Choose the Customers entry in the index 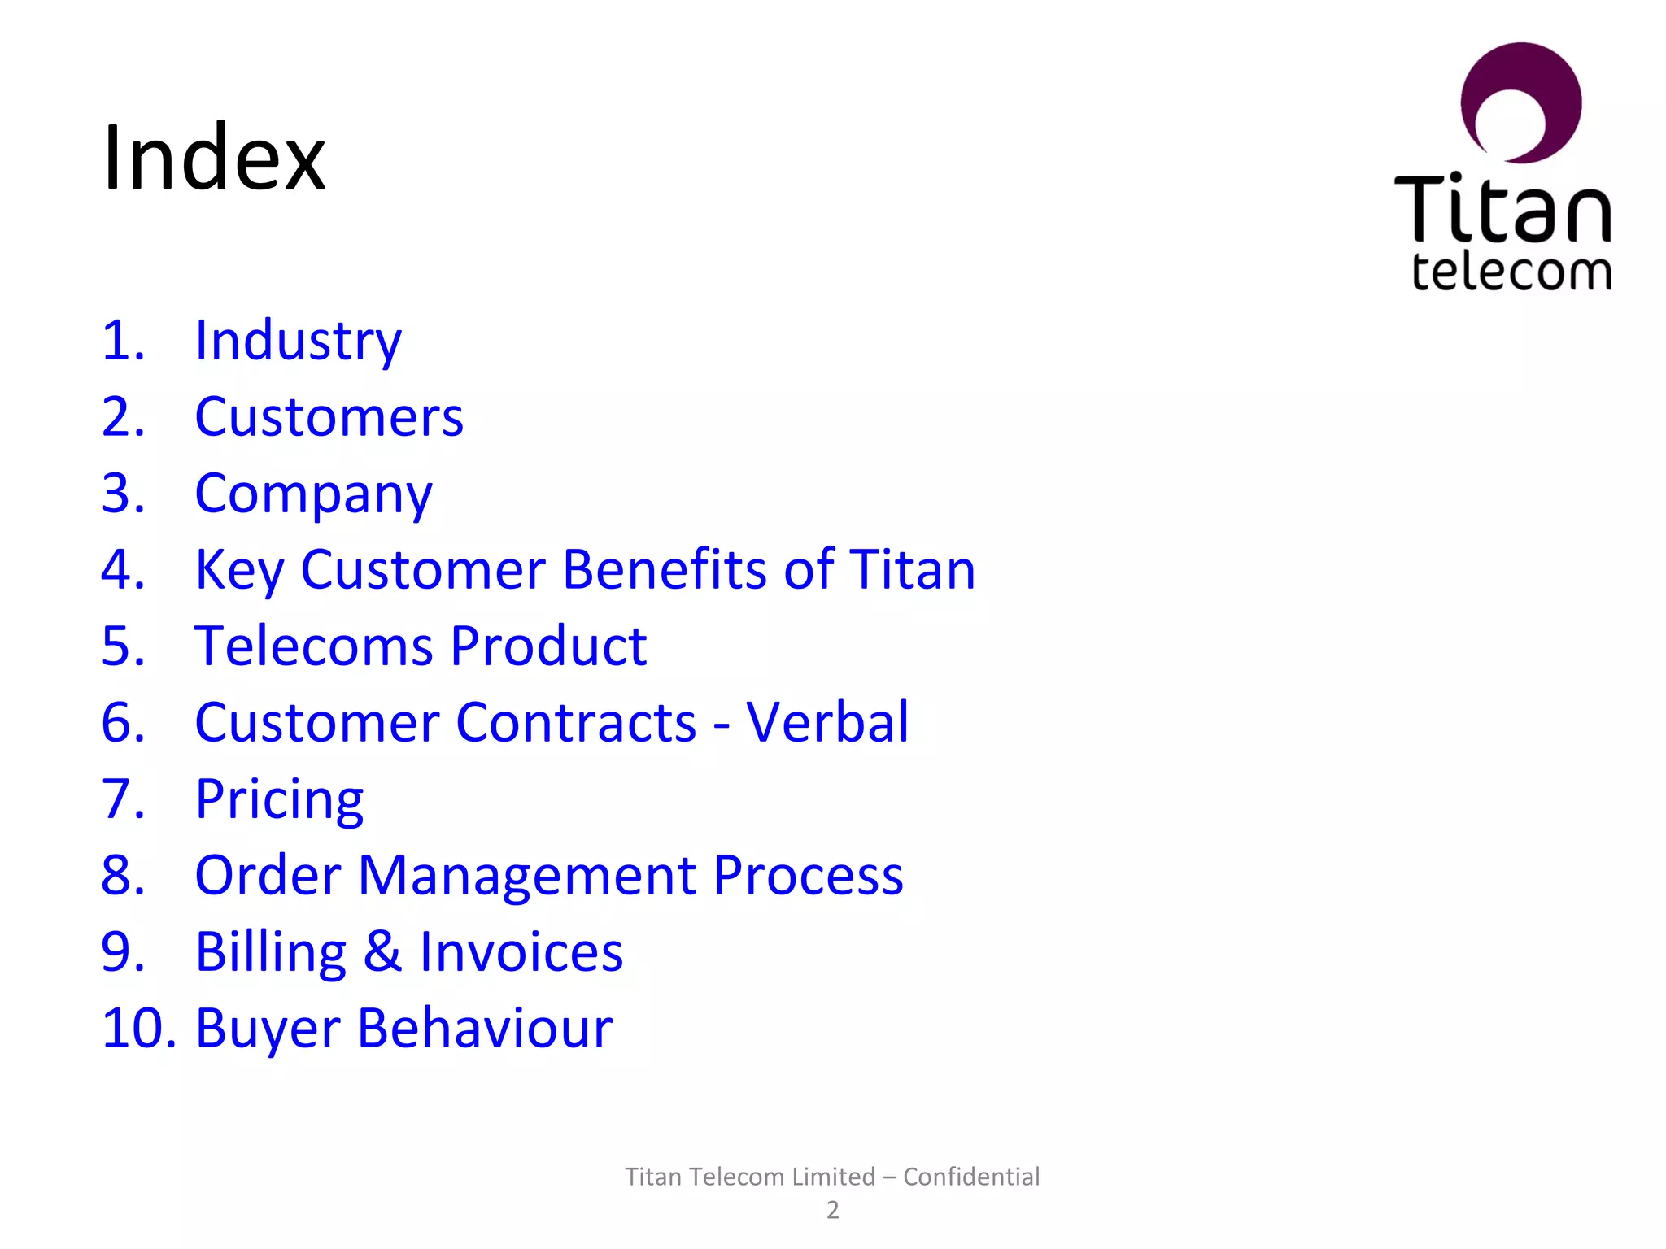pyautogui.click(x=329, y=416)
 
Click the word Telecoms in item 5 pyautogui.click(x=313, y=646)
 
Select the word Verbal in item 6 pyautogui.click(x=827, y=722)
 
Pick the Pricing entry pyautogui.click(x=279, y=799)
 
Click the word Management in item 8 pyautogui.click(x=527, y=875)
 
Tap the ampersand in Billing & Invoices pyautogui.click(x=382, y=951)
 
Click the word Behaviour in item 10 pyautogui.click(x=485, y=1028)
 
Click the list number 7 pyautogui.click(x=122, y=799)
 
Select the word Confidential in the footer pyautogui.click(x=971, y=1177)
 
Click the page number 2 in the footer pyautogui.click(x=832, y=1210)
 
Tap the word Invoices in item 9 pyautogui.click(x=521, y=951)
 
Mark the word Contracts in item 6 pyautogui.click(x=575, y=722)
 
